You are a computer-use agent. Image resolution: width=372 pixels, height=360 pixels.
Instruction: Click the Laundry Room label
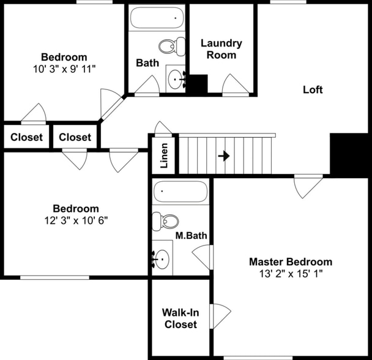pyautogui.click(x=221, y=49)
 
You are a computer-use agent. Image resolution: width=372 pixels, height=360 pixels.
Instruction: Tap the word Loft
pyautogui.click(x=313, y=89)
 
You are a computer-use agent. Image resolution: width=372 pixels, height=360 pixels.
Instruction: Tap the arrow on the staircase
pyautogui.click(x=223, y=156)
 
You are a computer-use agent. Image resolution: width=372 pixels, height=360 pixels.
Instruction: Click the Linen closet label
pyautogui.click(x=164, y=155)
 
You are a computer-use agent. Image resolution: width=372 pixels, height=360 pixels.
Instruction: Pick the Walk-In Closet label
pyautogui.click(x=180, y=318)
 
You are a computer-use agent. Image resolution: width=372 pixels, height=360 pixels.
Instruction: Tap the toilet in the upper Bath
pyautogui.click(x=172, y=45)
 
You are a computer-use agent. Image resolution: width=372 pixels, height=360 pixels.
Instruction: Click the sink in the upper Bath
pyautogui.click(x=177, y=78)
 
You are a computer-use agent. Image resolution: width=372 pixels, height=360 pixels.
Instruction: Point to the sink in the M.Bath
pyautogui.click(x=162, y=259)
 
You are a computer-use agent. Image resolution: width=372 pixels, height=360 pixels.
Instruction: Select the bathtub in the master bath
pyautogui.click(x=180, y=192)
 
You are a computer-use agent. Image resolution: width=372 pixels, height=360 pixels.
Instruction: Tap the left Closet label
pyautogui.click(x=27, y=137)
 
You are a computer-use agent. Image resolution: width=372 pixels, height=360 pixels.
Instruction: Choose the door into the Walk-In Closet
pyautogui.click(x=220, y=315)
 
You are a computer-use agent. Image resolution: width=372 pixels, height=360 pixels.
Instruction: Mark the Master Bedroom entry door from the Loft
pyautogui.click(x=308, y=186)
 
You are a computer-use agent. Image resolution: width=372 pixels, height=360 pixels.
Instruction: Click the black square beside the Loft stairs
pyautogui.click(x=349, y=154)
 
